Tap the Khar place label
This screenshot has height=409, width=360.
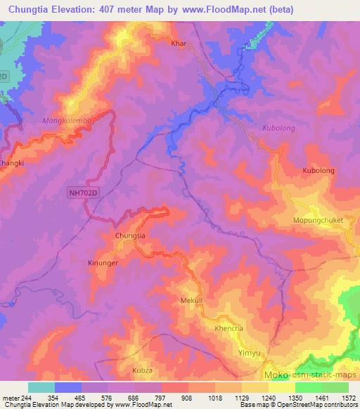click(x=179, y=44)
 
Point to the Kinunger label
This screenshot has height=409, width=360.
click(x=103, y=261)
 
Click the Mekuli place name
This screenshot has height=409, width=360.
click(x=192, y=300)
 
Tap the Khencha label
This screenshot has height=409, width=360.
click(x=229, y=329)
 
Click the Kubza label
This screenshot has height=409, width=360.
click(x=142, y=369)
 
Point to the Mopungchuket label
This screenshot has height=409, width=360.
click(x=317, y=220)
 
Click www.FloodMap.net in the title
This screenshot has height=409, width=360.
click(x=224, y=9)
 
